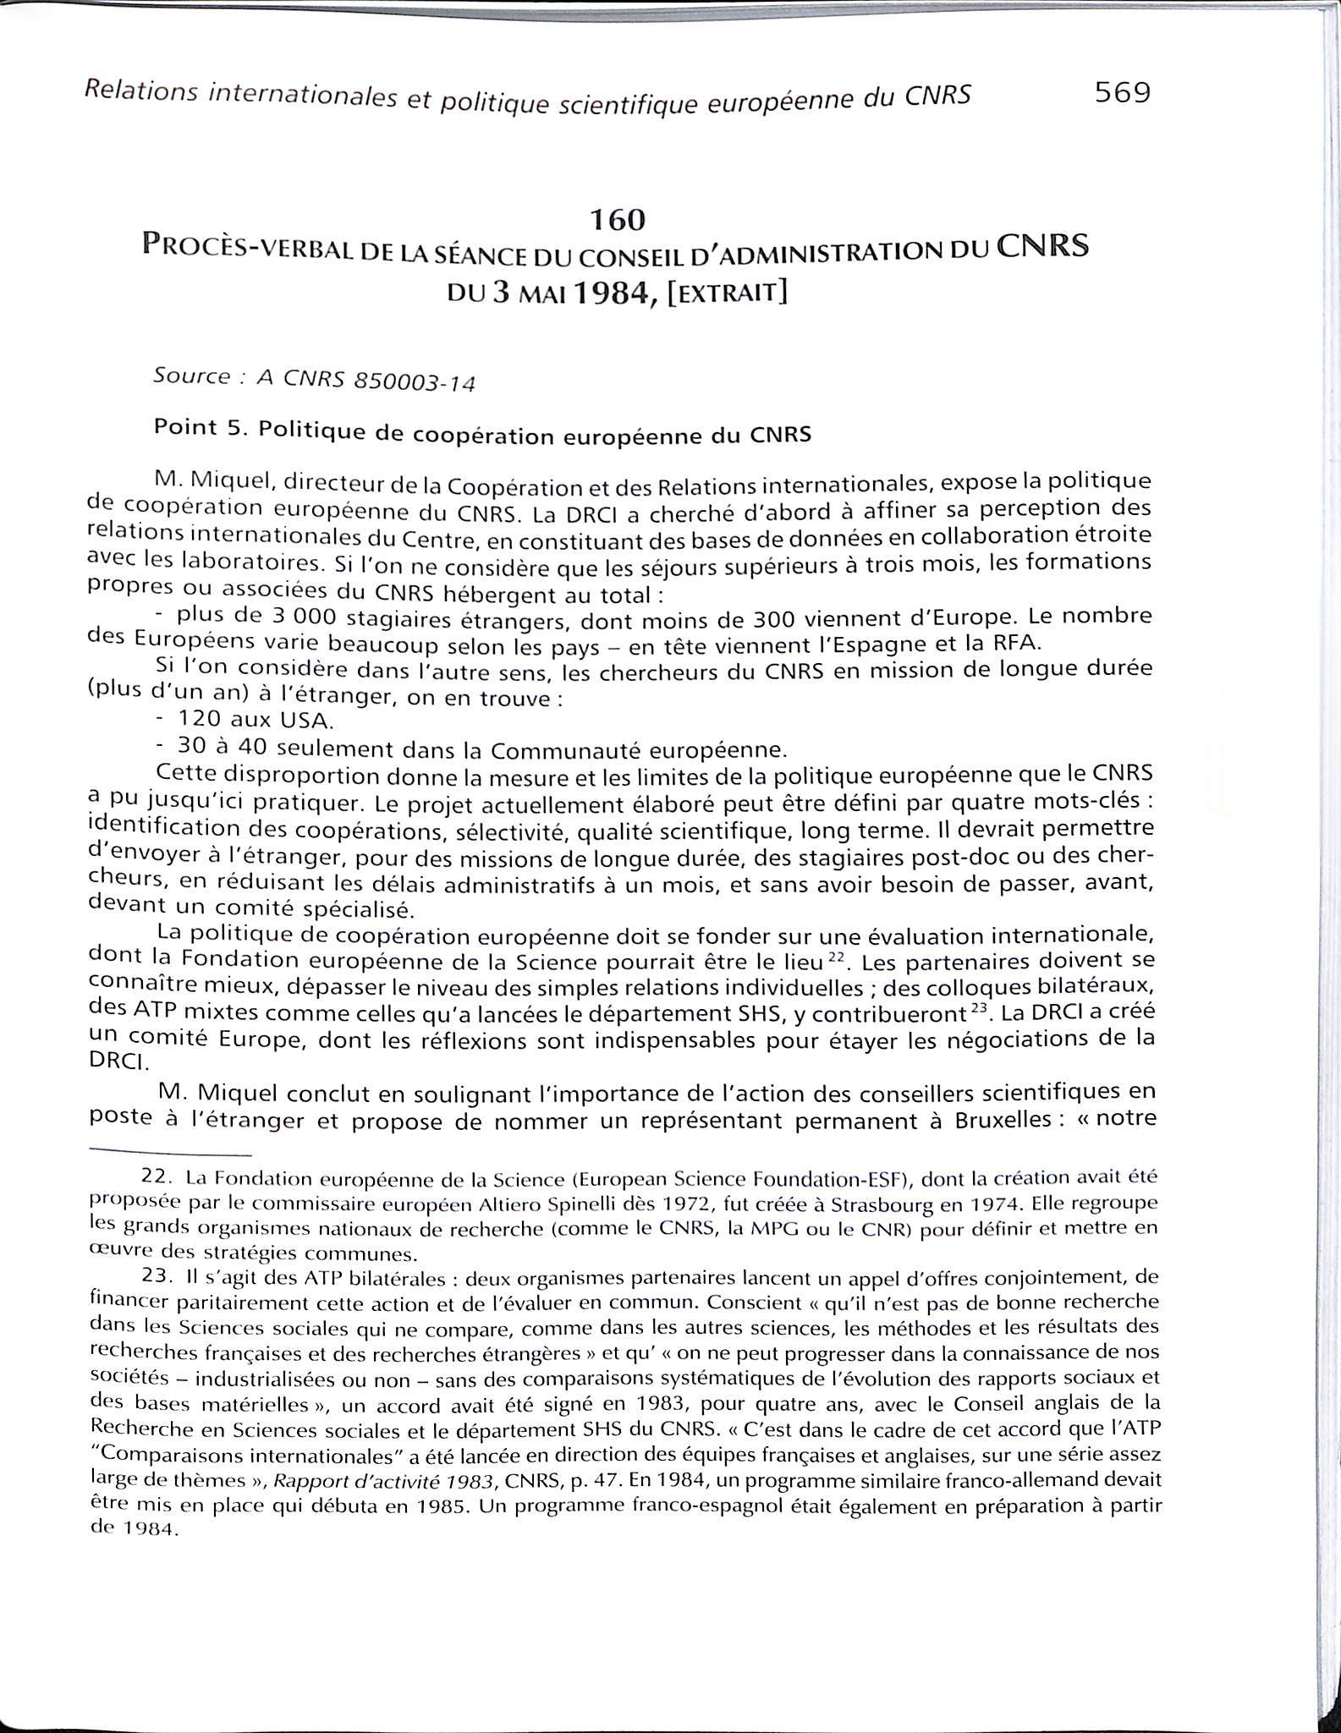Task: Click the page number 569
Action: coord(1123,92)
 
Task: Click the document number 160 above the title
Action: coord(618,220)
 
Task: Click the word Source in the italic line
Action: coord(191,376)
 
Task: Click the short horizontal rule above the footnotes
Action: coord(170,1154)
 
